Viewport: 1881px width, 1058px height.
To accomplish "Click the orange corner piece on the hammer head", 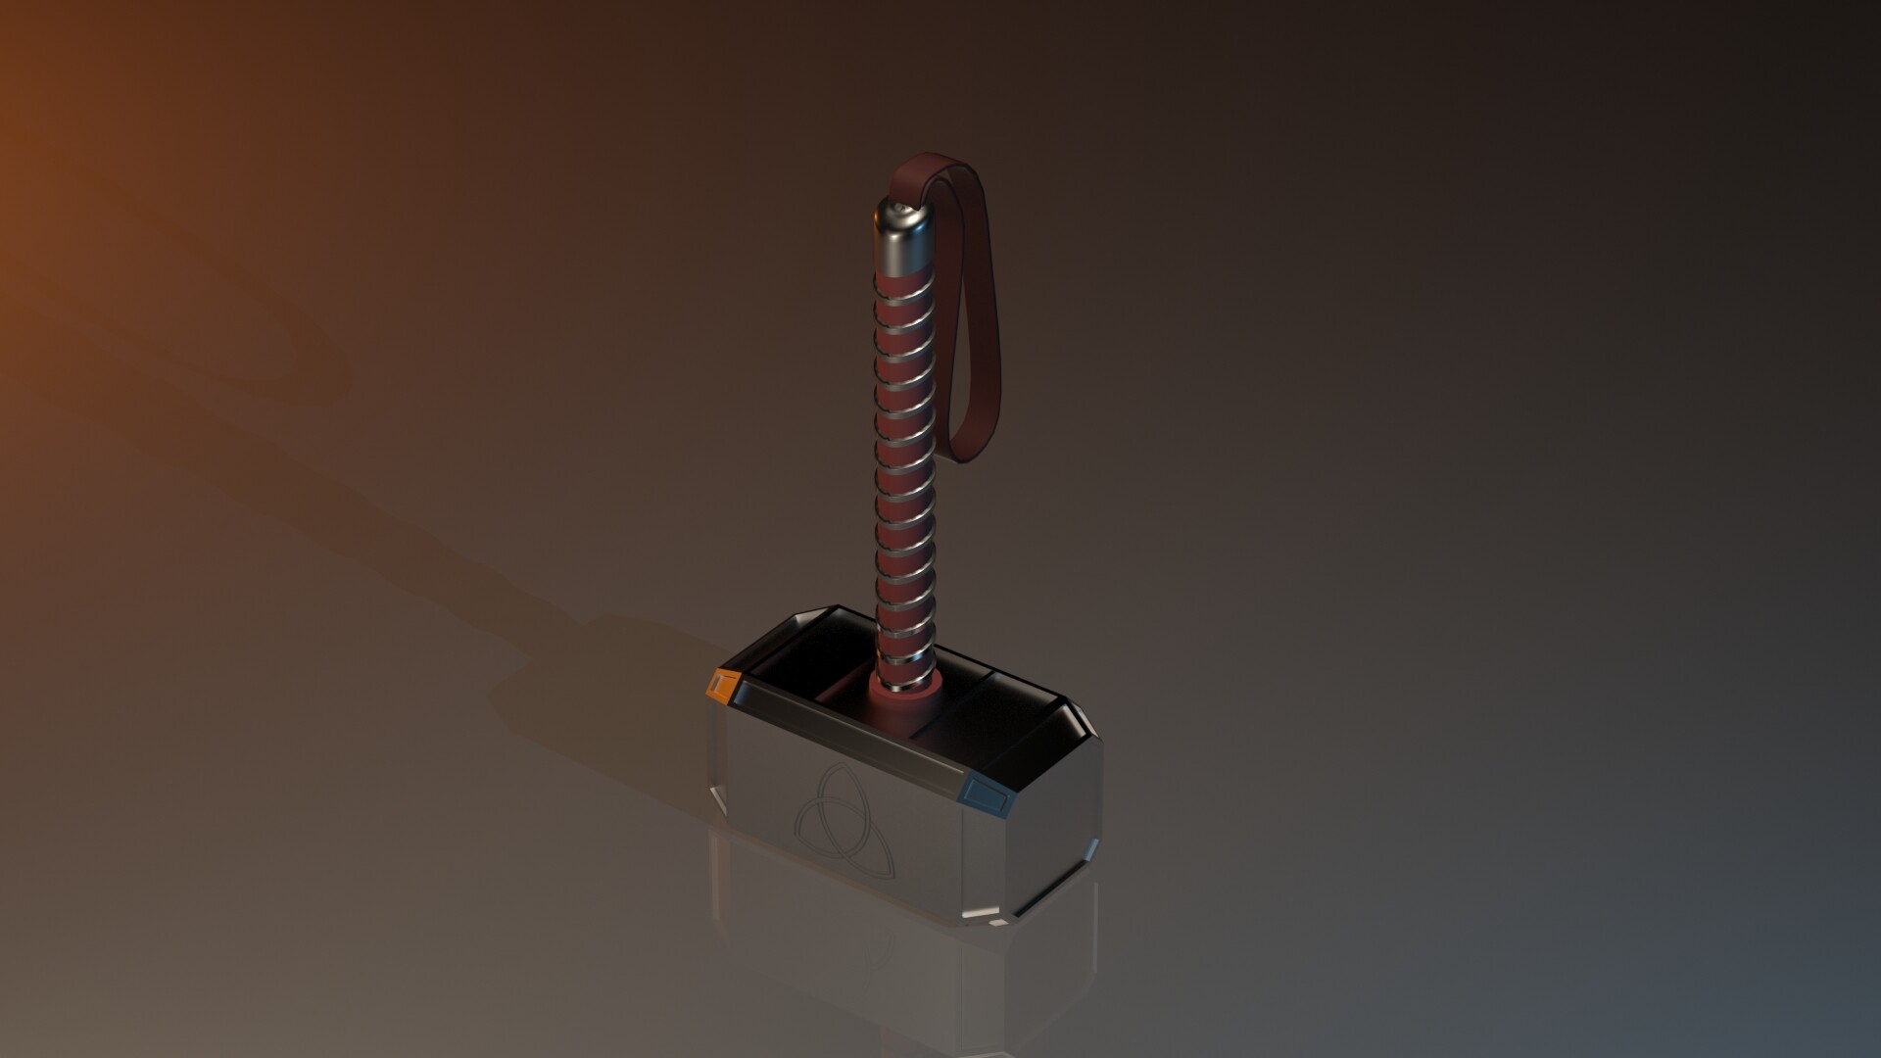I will tap(722, 686).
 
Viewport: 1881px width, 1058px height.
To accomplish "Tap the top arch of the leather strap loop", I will tap(926, 162).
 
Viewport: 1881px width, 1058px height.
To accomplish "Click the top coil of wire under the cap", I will tap(900, 284).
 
